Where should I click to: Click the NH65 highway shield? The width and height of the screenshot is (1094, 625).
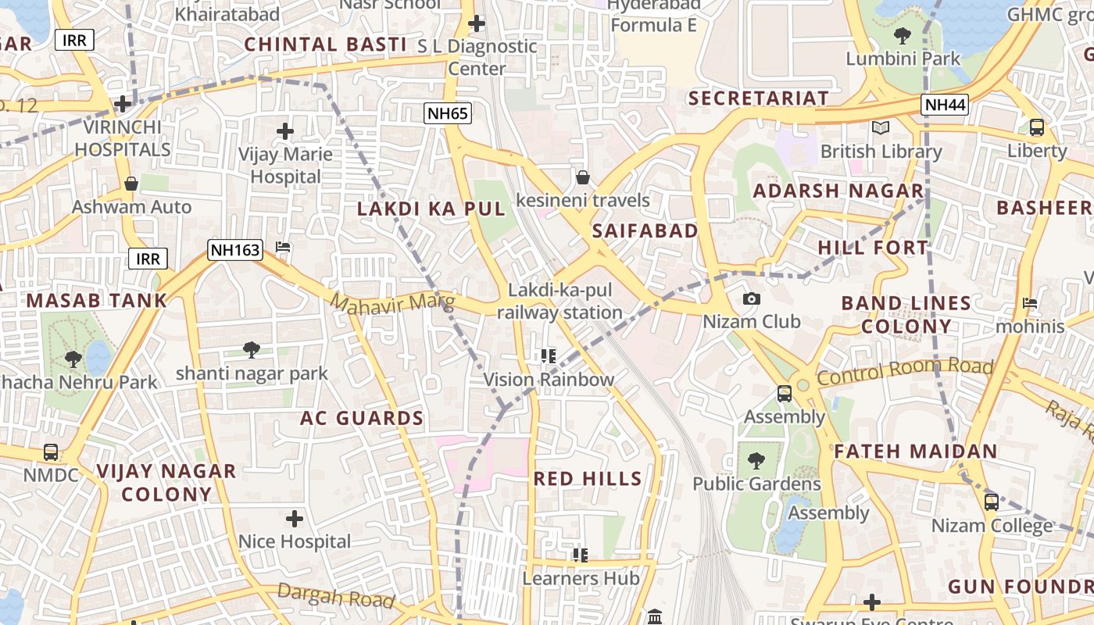(x=448, y=114)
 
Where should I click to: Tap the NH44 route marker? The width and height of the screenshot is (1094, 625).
(x=944, y=105)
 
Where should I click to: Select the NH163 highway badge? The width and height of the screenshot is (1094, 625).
(x=234, y=250)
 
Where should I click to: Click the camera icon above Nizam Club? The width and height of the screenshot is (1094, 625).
(x=752, y=299)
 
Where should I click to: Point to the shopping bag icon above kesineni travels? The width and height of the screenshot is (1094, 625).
(x=582, y=177)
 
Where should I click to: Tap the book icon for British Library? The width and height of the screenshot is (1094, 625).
(x=881, y=127)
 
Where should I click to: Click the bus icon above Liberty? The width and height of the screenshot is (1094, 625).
(x=1037, y=127)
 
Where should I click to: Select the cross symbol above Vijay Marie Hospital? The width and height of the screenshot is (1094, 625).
(x=285, y=131)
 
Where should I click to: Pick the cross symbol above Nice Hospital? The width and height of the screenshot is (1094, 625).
(x=294, y=518)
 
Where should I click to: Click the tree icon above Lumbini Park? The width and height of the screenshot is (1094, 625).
(x=903, y=35)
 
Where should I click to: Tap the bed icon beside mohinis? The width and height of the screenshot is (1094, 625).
(x=1030, y=303)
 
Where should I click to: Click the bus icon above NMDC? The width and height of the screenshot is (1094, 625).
(x=51, y=452)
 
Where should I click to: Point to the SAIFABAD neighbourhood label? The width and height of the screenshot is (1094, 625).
(x=645, y=230)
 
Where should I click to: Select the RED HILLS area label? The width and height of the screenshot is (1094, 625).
(x=588, y=479)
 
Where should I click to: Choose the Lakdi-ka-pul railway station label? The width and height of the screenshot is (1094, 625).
(x=560, y=302)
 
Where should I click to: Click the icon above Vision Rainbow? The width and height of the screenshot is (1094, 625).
(x=549, y=356)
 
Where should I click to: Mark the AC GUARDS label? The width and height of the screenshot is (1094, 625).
(x=362, y=418)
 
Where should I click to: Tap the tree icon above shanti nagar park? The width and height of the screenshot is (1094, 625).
(x=251, y=350)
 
